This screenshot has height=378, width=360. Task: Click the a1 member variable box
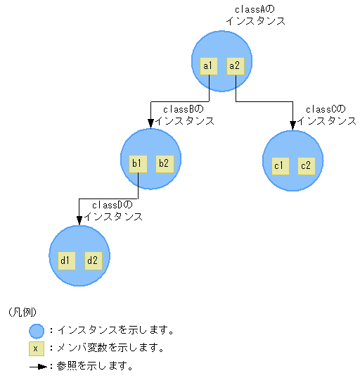[207, 66]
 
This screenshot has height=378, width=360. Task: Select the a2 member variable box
[234, 66]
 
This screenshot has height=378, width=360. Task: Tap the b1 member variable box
[137, 164]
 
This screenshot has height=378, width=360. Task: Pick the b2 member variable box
[164, 164]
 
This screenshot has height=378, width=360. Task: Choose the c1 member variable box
[279, 166]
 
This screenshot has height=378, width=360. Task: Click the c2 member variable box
[306, 166]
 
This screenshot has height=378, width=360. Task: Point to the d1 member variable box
[65, 260]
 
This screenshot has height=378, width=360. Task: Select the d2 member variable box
[92, 260]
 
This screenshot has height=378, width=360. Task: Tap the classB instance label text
[185, 115]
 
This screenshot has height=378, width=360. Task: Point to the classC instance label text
[327, 115]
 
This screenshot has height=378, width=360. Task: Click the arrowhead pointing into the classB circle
[151, 124]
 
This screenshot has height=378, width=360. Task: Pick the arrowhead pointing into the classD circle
[79, 220]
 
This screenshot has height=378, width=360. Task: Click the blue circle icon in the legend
[37, 330]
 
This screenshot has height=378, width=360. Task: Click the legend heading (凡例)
[22, 312]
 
